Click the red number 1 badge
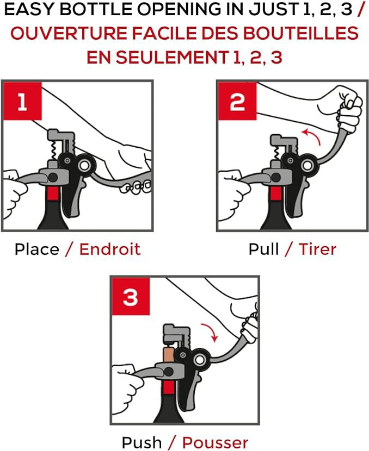(22, 101)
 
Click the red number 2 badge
(237, 101)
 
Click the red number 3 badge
(131, 296)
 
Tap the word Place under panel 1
(36, 249)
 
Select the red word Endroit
(110, 249)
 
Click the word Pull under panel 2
(263, 249)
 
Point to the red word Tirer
(317, 249)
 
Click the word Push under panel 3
(142, 443)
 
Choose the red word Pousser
(215, 443)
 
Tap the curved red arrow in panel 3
(211, 330)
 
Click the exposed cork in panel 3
(168, 355)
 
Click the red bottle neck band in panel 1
(53, 193)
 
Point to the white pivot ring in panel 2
(307, 165)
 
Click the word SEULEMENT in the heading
(172, 57)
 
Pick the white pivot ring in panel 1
(84, 165)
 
